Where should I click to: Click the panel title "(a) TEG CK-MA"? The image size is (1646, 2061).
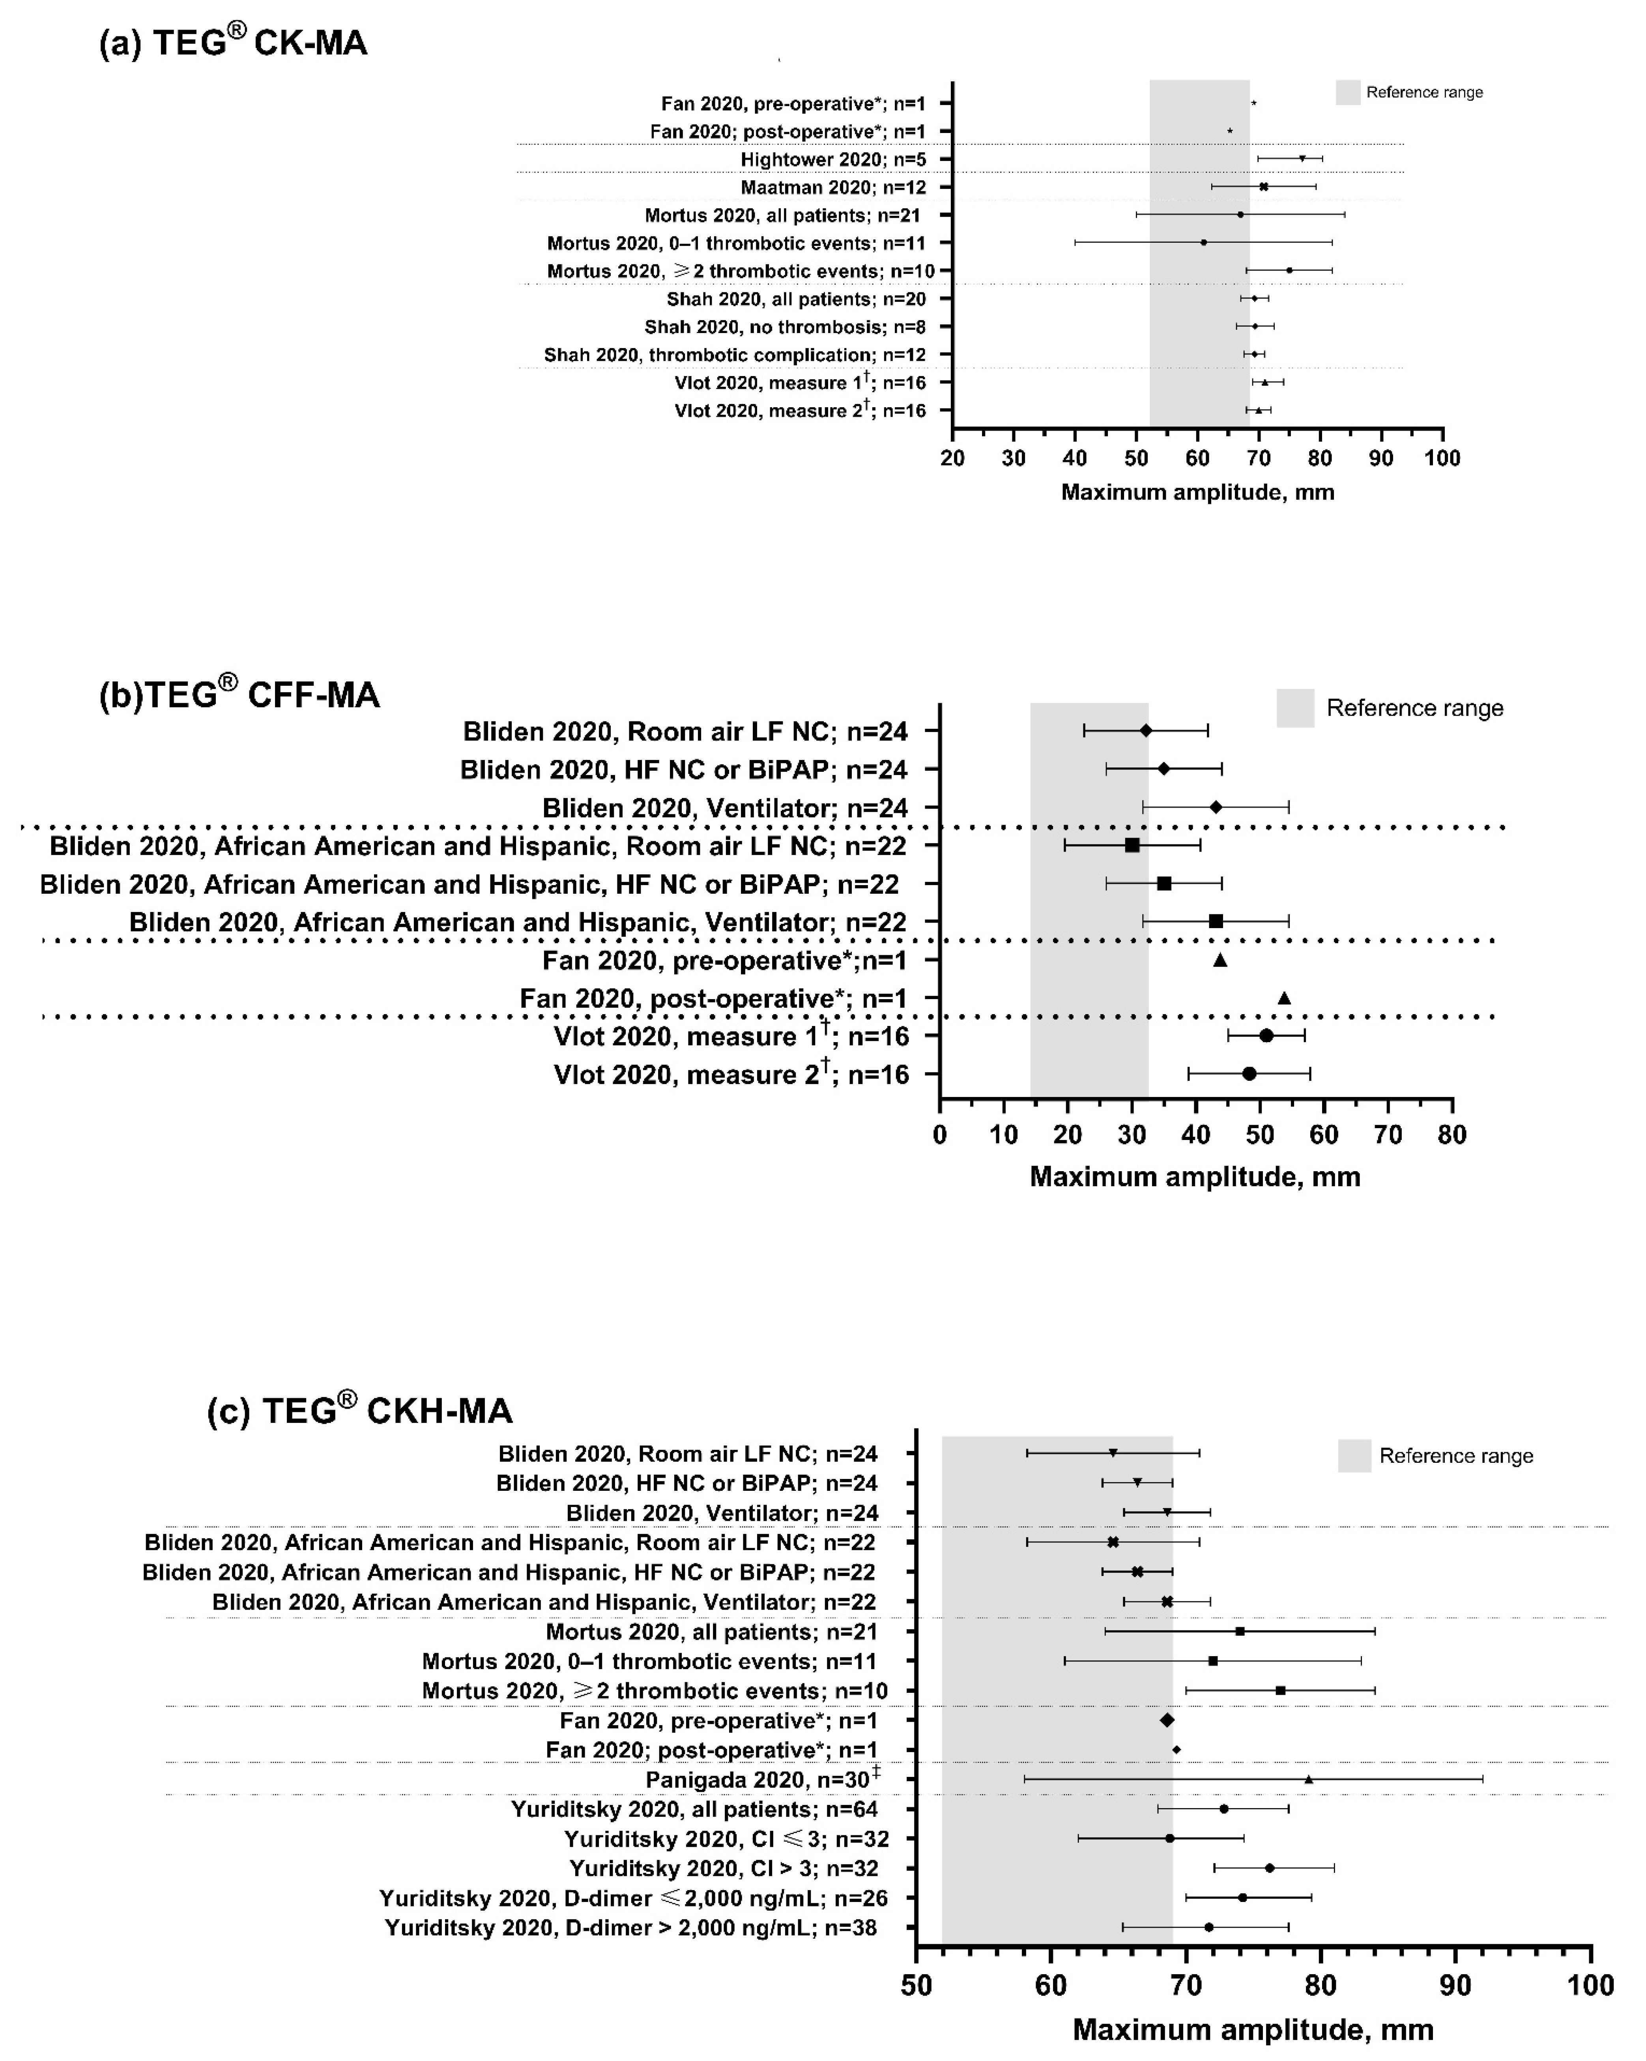pos(233,43)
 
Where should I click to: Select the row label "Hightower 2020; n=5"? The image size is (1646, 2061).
pos(832,160)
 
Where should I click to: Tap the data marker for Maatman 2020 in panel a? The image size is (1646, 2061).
pos(1264,187)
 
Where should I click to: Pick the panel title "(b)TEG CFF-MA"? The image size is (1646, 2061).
pos(239,695)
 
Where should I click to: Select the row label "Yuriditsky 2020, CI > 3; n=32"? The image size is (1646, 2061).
pos(724,1868)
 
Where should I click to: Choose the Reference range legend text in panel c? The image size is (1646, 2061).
pos(1456,1456)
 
